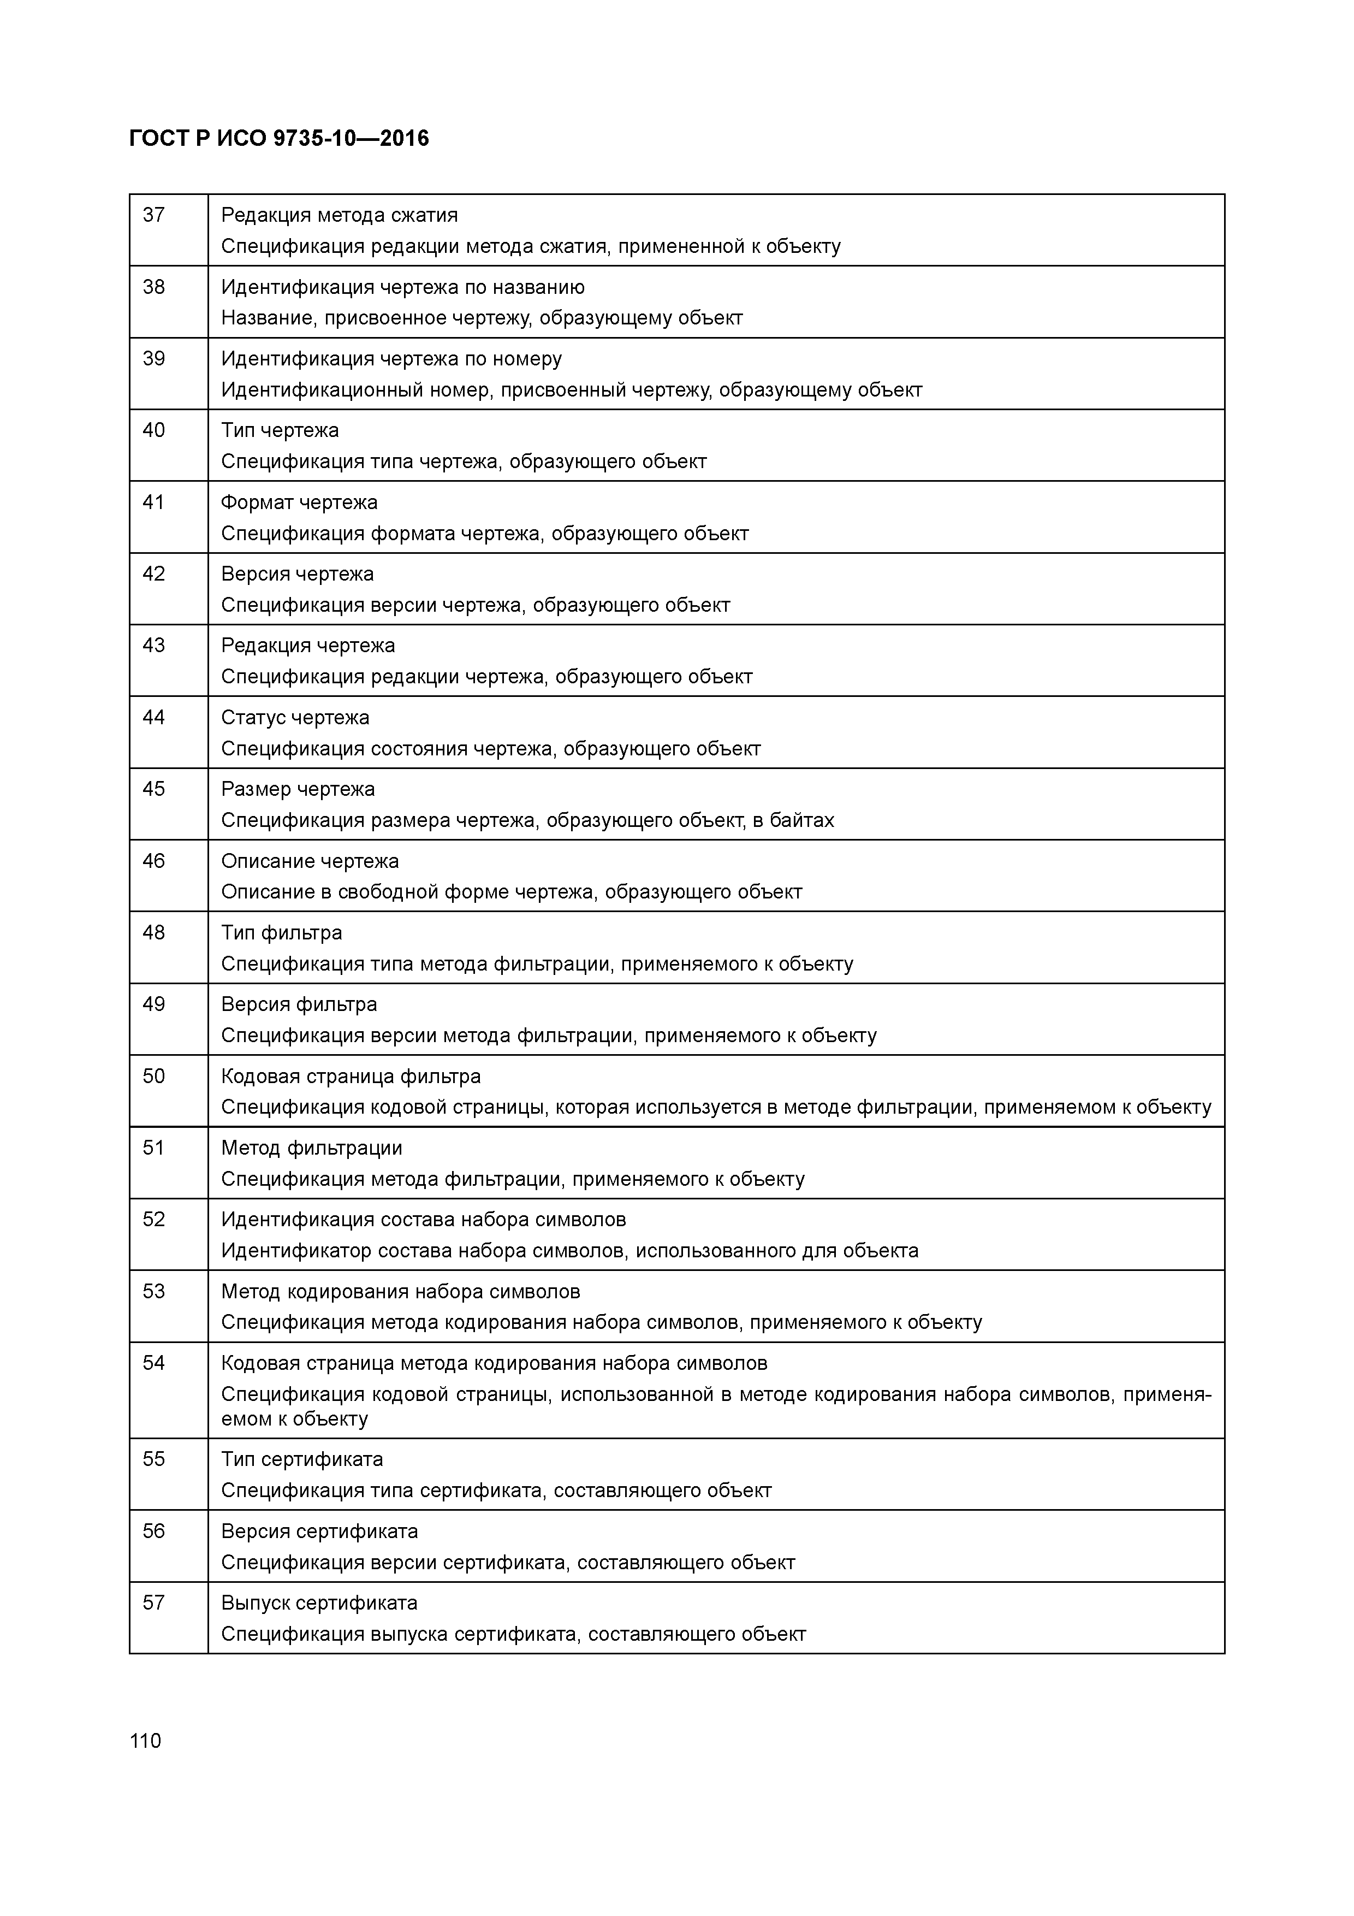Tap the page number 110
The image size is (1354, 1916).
145,1741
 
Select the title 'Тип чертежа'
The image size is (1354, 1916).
280,430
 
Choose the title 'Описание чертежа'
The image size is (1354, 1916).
310,861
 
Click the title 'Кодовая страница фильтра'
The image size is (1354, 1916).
351,1077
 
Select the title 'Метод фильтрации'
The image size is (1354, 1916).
311,1148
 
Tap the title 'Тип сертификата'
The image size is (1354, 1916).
301,1459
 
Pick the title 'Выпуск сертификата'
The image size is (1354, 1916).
319,1603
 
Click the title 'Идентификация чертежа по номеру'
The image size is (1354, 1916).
391,359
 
